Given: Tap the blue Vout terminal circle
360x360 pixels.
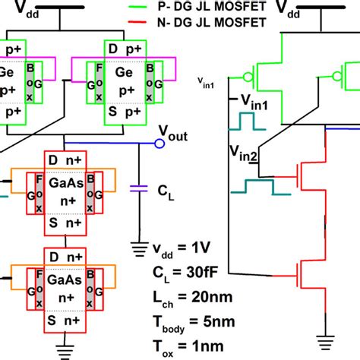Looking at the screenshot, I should point(159,143).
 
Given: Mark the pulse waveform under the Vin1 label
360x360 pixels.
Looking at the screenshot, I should point(248,122).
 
